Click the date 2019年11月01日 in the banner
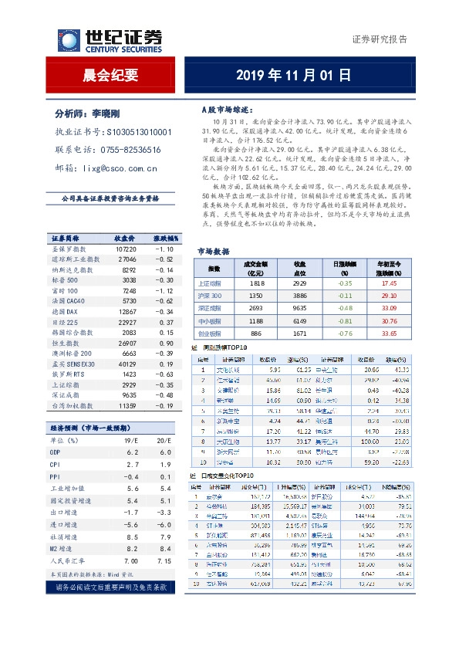[292, 75]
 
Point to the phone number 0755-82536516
[133, 149]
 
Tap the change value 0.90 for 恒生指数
[163, 341]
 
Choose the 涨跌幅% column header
[164, 239]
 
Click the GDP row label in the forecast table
[56, 452]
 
